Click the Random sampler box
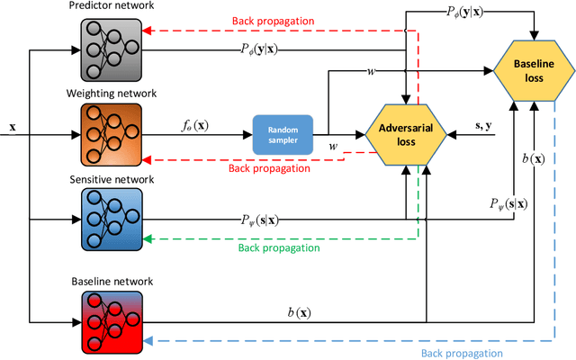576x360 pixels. point(283,135)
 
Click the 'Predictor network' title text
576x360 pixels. point(111,7)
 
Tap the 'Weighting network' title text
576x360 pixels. point(112,94)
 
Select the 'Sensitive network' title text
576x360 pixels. point(112,179)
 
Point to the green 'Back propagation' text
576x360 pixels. point(279,247)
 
